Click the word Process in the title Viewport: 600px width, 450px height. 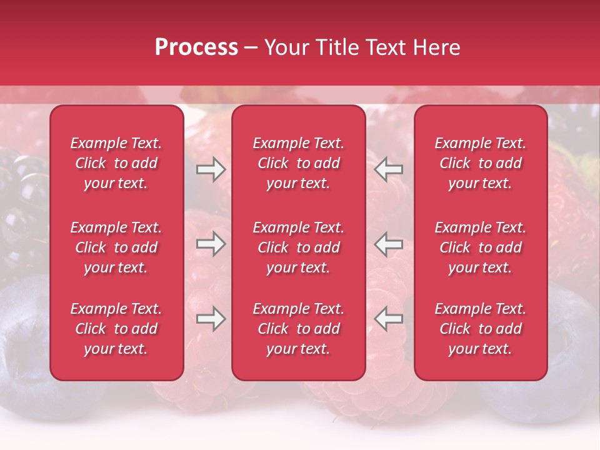click(x=196, y=47)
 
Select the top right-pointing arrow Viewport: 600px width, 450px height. click(x=211, y=169)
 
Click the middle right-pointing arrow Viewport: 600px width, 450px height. click(x=211, y=244)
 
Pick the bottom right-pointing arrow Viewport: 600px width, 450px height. click(x=211, y=319)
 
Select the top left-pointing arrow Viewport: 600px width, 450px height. click(x=388, y=169)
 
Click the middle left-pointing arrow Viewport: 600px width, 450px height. click(x=388, y=244)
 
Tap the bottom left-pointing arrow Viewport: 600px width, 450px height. click(x=388, y=319)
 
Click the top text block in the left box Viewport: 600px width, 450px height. click(x=116, y=163)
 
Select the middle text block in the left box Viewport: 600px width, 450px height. click(x=116, y=247)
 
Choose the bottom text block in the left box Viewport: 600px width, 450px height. click(x=116, y=329)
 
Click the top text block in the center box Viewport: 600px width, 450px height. click(x=298, y=163)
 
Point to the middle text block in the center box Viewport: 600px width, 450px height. click(x=298, y=247)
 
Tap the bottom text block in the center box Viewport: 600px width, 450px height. click(x=298, y=329)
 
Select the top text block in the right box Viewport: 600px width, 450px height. click(x=480, y=163)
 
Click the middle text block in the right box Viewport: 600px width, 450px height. click(x=480, y=247)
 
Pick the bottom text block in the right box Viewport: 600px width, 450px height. click(x=480, y=329)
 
